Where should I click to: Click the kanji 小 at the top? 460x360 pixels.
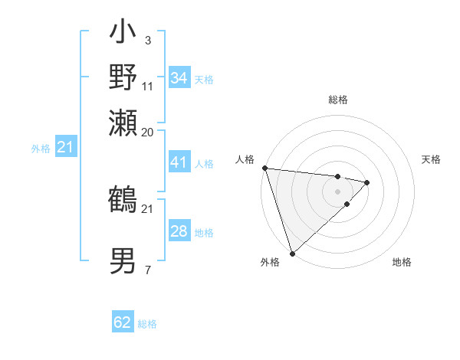123,34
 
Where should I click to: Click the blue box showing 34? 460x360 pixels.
179,78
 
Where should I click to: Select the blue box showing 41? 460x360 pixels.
179,162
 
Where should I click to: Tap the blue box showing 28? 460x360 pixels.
179,231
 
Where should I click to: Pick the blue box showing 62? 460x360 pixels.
123,322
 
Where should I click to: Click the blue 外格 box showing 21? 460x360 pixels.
65,147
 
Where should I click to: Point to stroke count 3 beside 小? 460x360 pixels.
147,40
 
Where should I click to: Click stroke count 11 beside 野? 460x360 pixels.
148,85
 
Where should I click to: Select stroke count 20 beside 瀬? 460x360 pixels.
148,131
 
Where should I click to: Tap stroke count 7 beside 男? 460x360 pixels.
147,269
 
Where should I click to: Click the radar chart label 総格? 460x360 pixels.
337,100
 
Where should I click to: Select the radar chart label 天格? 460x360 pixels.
431,159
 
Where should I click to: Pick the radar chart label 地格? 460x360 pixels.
402,262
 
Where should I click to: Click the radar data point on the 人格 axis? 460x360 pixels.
264,168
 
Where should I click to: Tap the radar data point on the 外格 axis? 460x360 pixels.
292,253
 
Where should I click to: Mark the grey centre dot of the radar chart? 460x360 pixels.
337,191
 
